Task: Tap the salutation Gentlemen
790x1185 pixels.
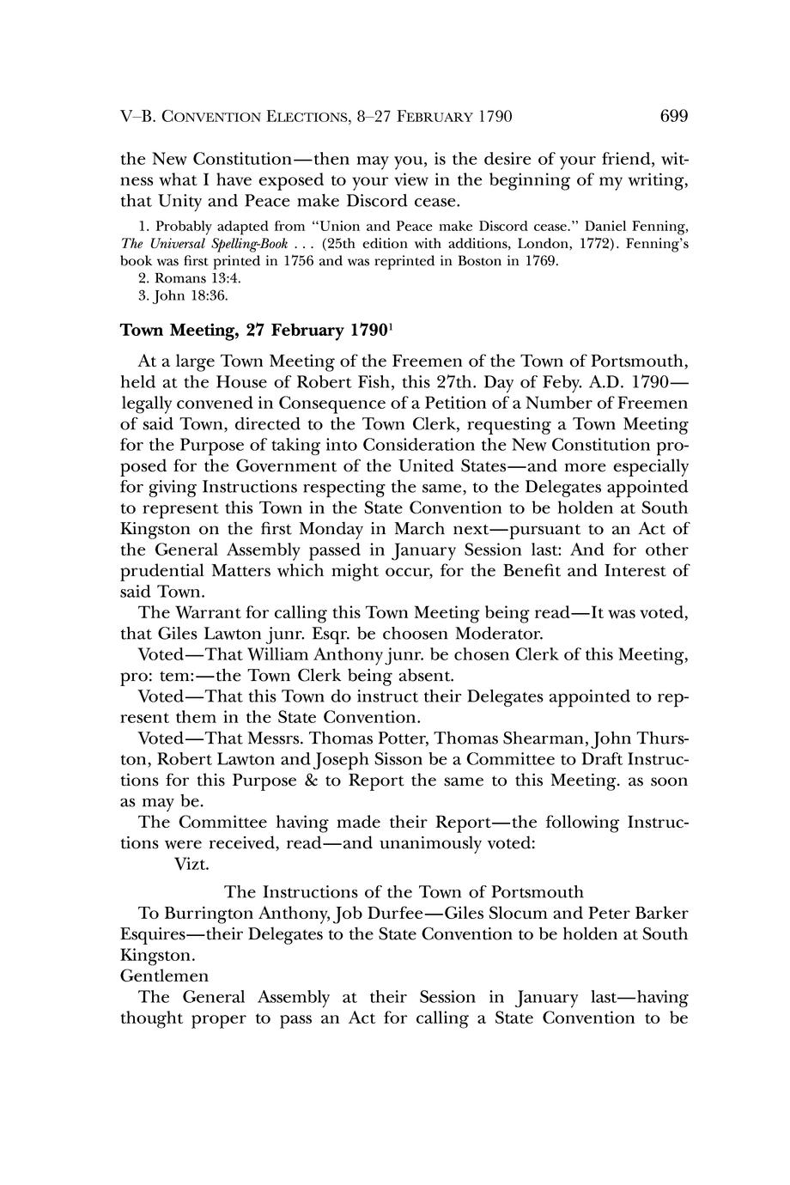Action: pyautogui.click(x=165, y=976)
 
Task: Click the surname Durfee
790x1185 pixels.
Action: pyautogui.click(x=383, y=912)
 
